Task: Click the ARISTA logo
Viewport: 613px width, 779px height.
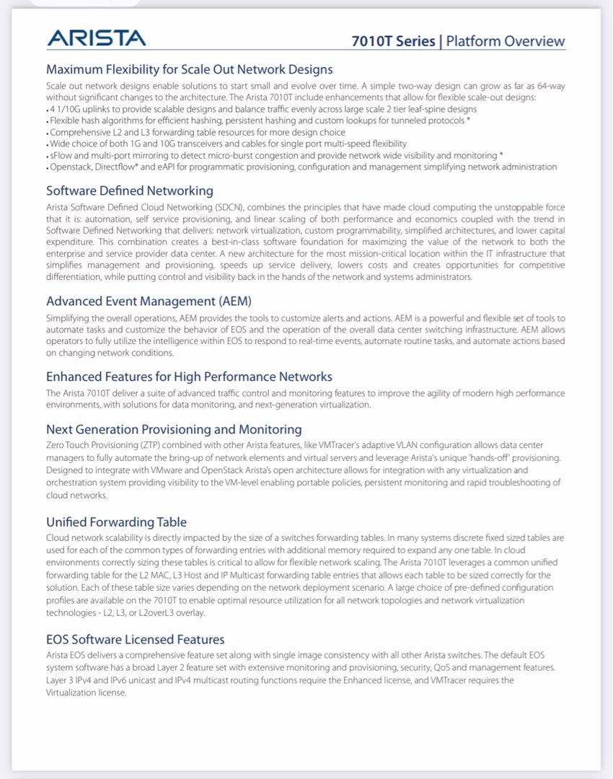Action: coord(97,38)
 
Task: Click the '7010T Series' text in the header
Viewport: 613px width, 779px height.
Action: coord(393,41)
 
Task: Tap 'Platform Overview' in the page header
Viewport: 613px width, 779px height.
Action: coord(506,41)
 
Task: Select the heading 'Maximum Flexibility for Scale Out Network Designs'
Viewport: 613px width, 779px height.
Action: coord(189,70)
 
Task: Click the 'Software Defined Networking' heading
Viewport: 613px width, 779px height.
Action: coord(130,191)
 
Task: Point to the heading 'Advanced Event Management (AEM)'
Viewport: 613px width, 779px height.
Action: coord(149,301)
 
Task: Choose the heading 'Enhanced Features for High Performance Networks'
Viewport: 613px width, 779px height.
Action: coord(189,377)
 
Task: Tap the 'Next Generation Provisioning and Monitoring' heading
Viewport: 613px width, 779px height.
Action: coord(174,429)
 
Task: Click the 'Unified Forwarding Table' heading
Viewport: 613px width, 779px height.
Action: coord(116,521)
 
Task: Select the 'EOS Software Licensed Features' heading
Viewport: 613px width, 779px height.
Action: coord(135,639)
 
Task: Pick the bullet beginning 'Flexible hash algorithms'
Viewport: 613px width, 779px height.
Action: coord(260,120)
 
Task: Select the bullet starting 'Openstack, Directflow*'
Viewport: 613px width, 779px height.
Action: coord(303,167)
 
